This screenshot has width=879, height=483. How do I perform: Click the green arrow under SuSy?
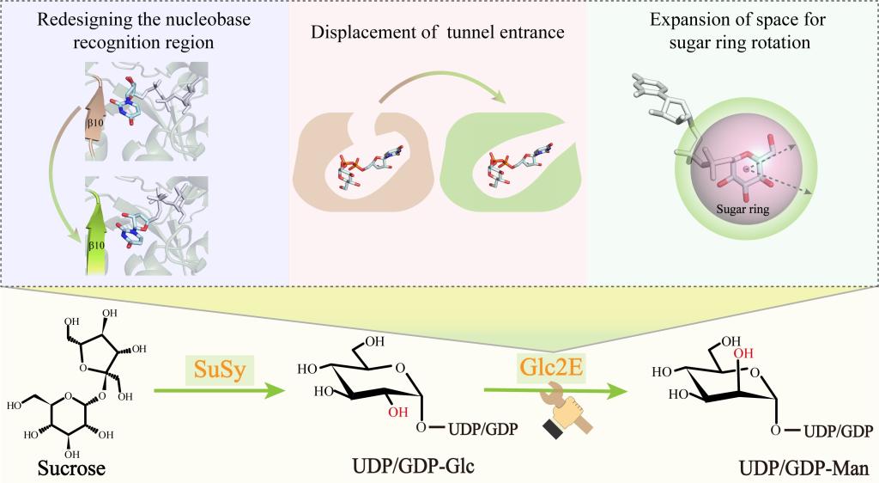point(219,393)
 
